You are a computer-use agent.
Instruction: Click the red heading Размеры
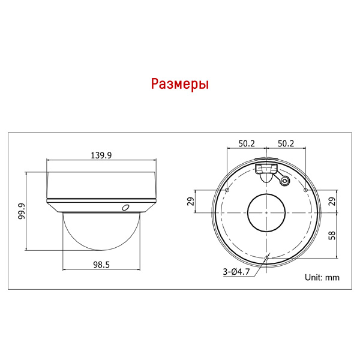pos(180,84)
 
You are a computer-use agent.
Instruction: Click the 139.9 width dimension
pos(101,155)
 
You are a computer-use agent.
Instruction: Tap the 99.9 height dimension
pos(22,211)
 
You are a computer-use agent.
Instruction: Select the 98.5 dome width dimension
pos(101,265)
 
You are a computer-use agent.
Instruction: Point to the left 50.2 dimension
pos(247,143)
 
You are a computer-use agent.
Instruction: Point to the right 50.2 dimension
pos(286,143)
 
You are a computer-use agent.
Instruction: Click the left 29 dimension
pos(191,202)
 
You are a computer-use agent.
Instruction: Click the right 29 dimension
pos(332,202)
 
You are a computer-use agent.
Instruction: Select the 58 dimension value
pos(332,236)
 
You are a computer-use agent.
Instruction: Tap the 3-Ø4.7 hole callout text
pos(236,272)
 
